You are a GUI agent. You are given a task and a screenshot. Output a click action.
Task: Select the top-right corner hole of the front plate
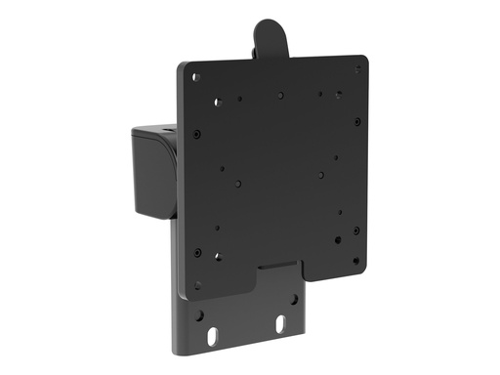[355, 69]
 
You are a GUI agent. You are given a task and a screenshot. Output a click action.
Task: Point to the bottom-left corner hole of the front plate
[197, 286]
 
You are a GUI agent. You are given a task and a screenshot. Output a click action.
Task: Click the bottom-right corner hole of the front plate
[355, 262]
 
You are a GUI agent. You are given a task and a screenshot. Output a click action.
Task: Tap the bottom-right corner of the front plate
[362, 270]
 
